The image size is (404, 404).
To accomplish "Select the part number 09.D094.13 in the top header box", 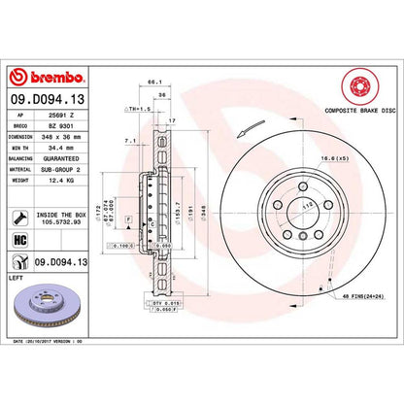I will click(48, 98).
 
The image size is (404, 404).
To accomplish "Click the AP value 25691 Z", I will click(65, 114).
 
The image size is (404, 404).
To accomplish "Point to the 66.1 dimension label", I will click(151, 84).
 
